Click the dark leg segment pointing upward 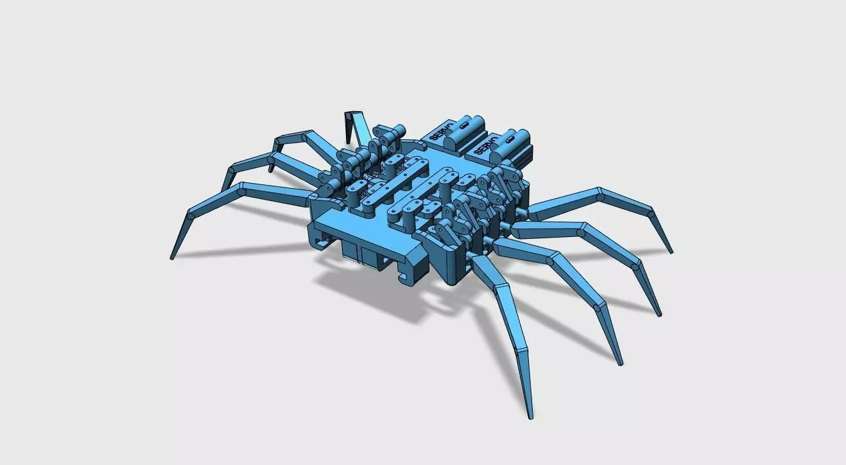point(350,126)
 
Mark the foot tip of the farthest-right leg point(671,251)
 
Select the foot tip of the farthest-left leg point(171,258)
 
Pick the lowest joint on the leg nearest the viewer point(521,350)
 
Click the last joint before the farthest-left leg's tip point(190,216)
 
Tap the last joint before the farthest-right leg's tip point(651,212)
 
